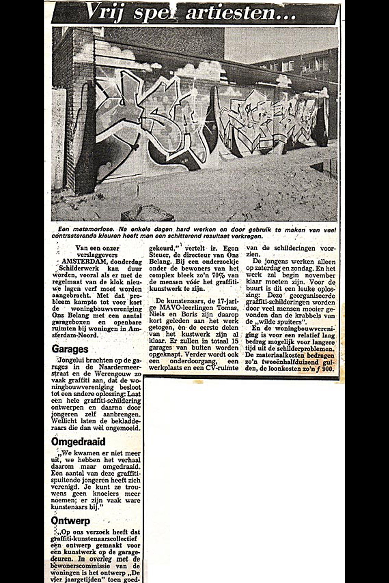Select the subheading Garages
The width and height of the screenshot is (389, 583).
click(x=70, y=349)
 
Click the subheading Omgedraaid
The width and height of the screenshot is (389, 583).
click(x=78, y=441)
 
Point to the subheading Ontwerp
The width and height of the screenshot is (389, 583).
click(x=71, y=521)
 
